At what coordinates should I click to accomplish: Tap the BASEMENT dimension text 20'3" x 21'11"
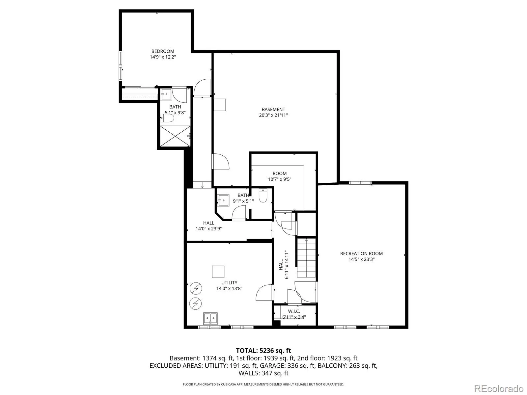click(x=273, y=115)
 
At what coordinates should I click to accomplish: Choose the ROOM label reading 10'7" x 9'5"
click(x=279, y=176)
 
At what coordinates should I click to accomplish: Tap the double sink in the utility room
click(x=210, y=319)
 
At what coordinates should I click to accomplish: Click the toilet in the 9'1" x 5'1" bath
click(x=263, y=196)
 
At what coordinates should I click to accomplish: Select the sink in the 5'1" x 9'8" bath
click(x=166, y=94)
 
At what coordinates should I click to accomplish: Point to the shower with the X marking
click(x=175, y=136)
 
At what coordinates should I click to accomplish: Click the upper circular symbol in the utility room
click(x=196, y=288)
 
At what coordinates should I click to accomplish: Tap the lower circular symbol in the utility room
click(x=196, y=303)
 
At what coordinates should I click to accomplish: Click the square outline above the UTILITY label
click(x=218, y=272)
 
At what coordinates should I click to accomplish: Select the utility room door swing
click(x=264, y=292)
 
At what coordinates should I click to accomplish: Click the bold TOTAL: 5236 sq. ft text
click(x=263, y=351)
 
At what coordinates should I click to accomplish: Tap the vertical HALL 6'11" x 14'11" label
click(x=283, y=265)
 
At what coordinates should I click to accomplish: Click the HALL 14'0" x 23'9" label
click(x=208, y=226)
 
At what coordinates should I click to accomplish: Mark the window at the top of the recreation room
click(x=360, y=183)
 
